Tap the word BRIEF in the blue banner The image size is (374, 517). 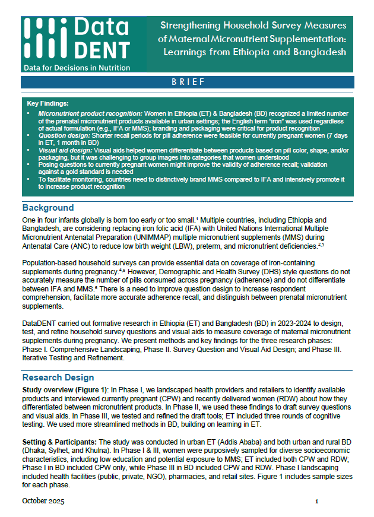(x=188, y=82)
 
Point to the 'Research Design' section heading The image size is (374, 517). (x=58, y=378)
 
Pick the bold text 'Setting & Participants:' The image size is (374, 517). (x=59, y=442)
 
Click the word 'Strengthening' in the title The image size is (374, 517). (x=191, y=26)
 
